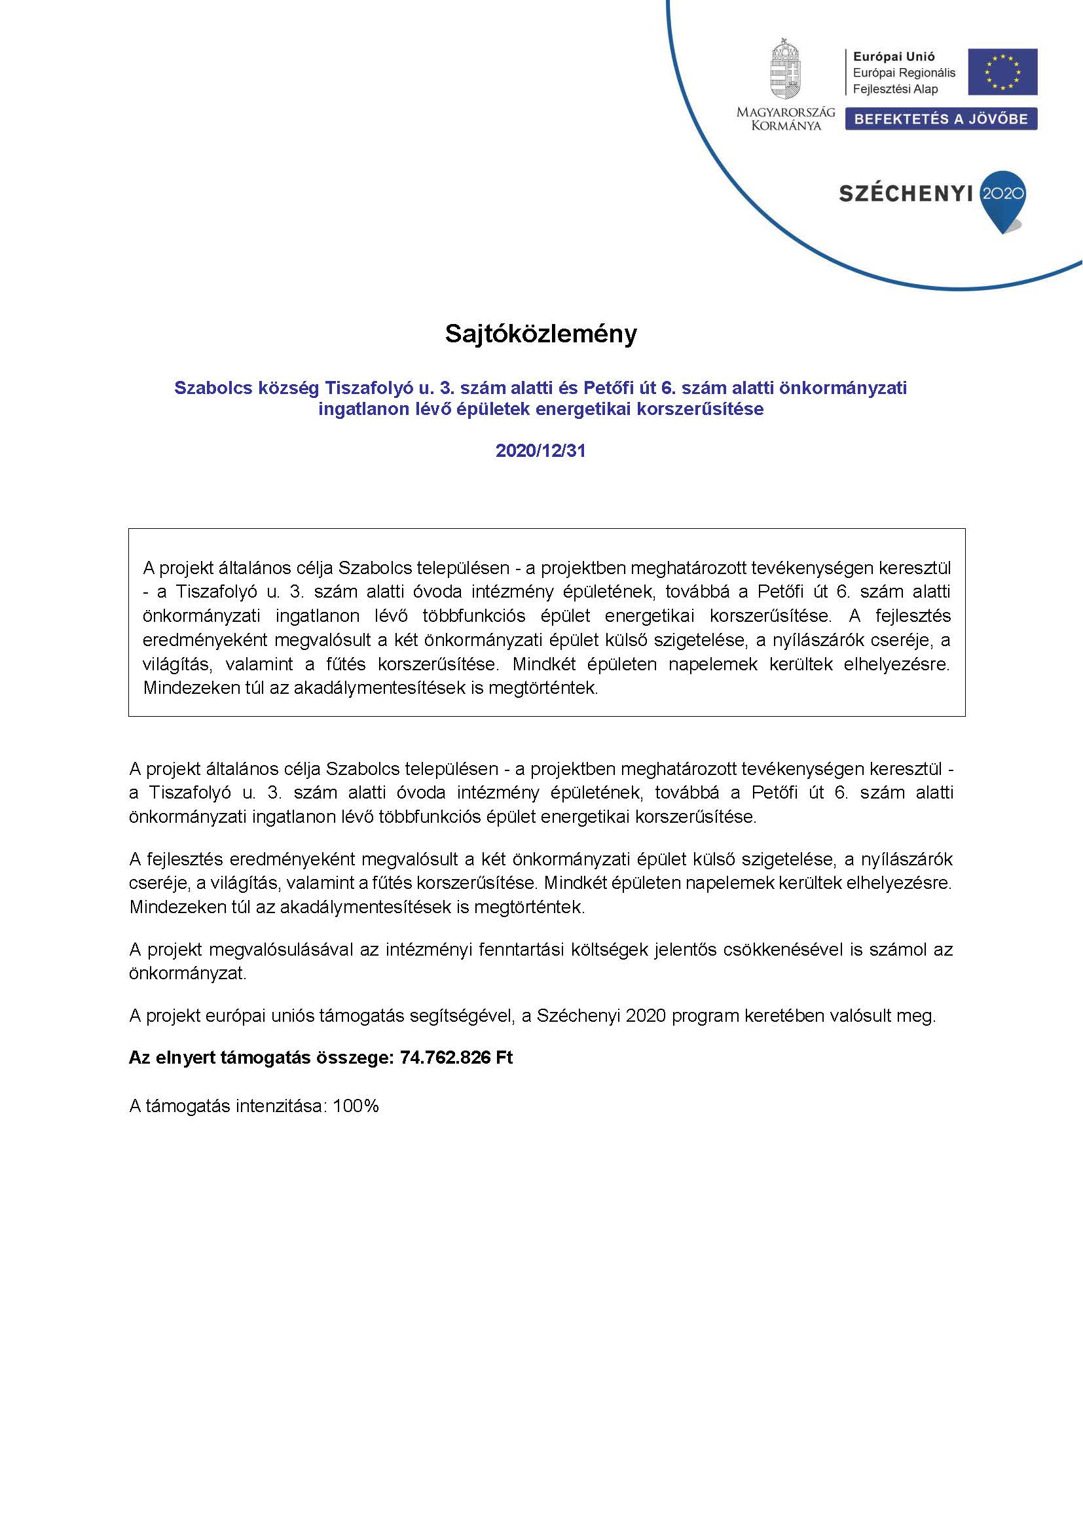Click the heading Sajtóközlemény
(541, 334)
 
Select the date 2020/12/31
(541, 451)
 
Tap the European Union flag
(1003, 71)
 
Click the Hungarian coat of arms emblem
(785, 69)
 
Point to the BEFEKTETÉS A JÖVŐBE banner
(940, 119)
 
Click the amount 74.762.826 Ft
(457, 1058)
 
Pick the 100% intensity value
(356, 1106)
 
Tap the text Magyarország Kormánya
(786, 118)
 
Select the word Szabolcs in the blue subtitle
(211, 388)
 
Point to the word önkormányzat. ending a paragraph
(187, 973)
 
